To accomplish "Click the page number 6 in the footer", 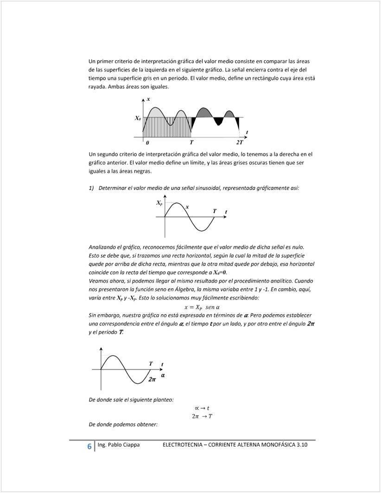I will (89, 446).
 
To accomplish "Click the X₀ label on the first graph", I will (138, 118).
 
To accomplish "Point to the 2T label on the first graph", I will (239, 142).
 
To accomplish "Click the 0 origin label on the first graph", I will (147, 142).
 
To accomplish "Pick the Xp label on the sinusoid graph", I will (159, 203).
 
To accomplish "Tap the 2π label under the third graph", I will (152, 379).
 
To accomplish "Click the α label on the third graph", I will (163, 374).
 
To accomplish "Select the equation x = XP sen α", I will (202, 307).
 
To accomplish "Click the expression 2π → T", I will (202, 416).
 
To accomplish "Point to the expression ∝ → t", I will (202, 408).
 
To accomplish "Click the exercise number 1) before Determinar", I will (91, 188).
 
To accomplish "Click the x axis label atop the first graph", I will (148, 99).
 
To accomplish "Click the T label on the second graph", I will (215, 211).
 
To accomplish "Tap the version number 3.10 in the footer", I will (302, 445).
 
